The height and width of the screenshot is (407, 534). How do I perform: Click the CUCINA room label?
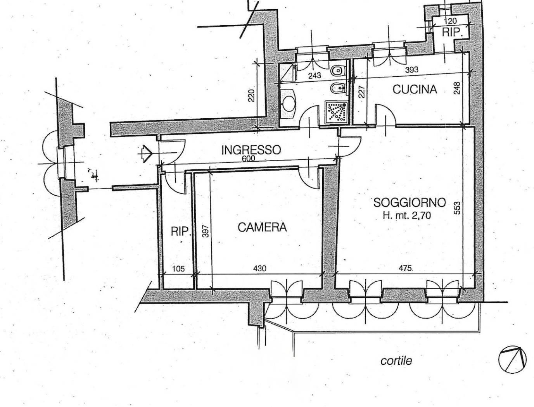tap(415, 90)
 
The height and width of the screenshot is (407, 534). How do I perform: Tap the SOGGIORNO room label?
tap(410, 202)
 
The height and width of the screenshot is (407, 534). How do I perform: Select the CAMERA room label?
tap(262, 228)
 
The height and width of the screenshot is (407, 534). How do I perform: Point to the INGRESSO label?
tap(251, 150)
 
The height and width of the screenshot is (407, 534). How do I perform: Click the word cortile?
tap(396, 361)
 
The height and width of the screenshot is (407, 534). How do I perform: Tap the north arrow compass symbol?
tap(512, 359)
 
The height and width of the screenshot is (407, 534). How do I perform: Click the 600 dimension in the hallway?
tap(249, 159)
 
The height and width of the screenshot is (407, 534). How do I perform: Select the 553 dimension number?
tap(457, 208)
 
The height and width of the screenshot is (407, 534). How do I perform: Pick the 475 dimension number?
tap(405, 268)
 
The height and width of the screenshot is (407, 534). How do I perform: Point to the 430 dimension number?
tap(259, 268)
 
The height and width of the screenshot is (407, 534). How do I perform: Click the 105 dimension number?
tap(178, 269)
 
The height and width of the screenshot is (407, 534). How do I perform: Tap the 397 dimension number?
tap(206, 231)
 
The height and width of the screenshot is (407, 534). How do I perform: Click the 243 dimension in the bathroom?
tap(315, 76)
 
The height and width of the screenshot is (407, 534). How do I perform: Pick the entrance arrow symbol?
tap(147, 153)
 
